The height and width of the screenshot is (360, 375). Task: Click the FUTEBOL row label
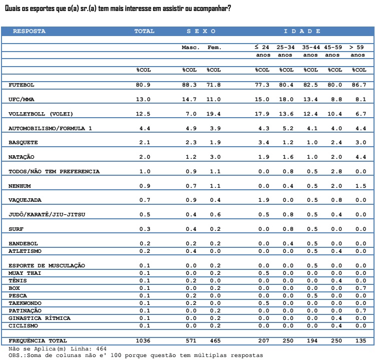coord(22,85)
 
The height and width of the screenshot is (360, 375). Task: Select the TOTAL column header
coord(144,31)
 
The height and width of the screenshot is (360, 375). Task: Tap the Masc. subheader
coord(190,48)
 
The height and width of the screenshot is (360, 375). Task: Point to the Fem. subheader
coord(214,48)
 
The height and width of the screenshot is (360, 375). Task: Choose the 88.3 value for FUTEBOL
coord(189,85)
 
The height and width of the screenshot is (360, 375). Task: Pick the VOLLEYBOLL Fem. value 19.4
coord(213,114)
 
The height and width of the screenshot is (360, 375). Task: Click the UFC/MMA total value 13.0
coord(143,99)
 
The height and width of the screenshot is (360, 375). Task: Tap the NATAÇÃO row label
coord(22,157)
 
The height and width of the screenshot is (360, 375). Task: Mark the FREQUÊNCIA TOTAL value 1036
coord(143,340)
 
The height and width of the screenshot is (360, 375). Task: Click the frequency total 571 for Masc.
coord(191,340)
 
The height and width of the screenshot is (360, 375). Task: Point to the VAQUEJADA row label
coord(25,200)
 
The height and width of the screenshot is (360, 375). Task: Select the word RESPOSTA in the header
coord(29,31)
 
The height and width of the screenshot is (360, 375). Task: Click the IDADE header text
coord(302,31)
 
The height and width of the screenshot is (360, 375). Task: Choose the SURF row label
coord(16,229)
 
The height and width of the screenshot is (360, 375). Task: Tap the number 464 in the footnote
coord(102,349)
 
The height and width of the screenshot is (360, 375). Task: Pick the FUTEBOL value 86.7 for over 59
coord(359,85)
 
